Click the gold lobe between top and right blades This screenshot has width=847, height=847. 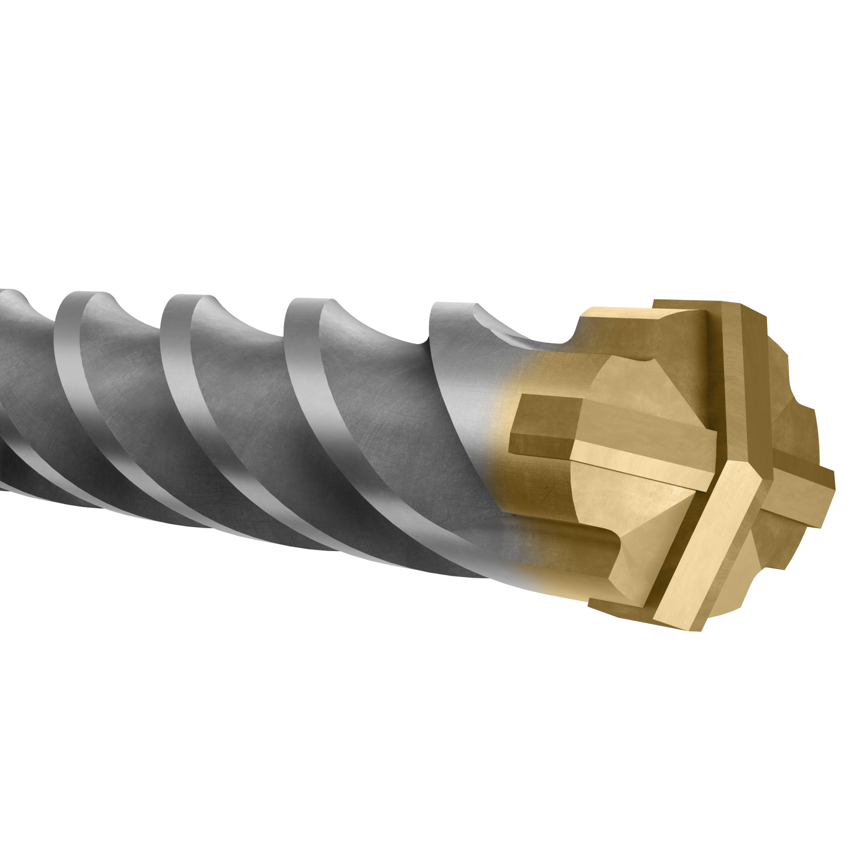(x=788, y=406)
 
